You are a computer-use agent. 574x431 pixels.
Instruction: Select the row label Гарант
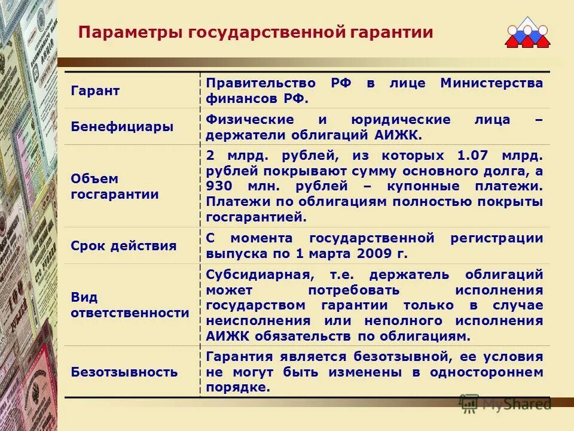(95, 91)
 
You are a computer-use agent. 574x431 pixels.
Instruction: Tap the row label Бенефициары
(122, 127)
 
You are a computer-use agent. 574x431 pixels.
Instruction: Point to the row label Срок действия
(124, 245)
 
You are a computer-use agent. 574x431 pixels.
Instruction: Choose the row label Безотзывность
(124, 372)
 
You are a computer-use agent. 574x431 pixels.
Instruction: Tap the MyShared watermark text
(516, 404)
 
